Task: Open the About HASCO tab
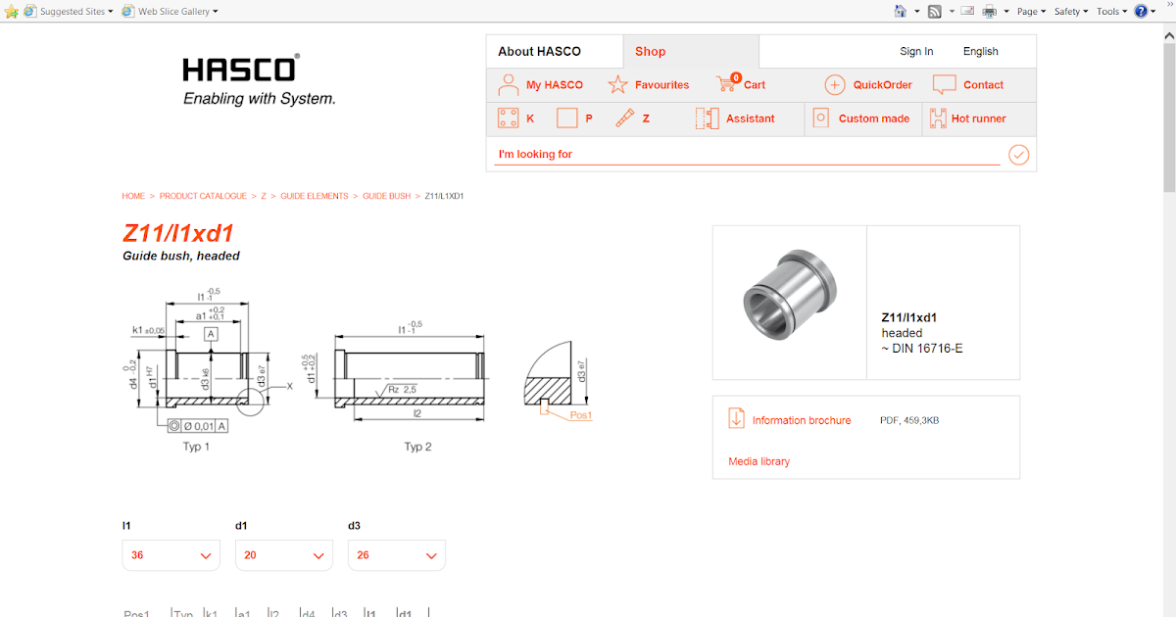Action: point(539,52)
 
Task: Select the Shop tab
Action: point(650,52)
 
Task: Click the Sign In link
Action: point(916,52)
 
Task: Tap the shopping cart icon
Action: point(726,84)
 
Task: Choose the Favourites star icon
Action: point(617,85)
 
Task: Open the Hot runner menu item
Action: point(978,119)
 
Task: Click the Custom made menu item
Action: point(873,119)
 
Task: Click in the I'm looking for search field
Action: point(745,155)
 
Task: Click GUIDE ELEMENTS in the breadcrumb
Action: point(315,196)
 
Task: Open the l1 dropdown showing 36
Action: point(171,555)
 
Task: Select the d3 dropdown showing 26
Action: point(397,555)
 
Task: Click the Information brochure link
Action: point(801,420)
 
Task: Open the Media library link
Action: point(759,461)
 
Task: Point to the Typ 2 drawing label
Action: point(418,447)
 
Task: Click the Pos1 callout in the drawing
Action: point(581,415)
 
